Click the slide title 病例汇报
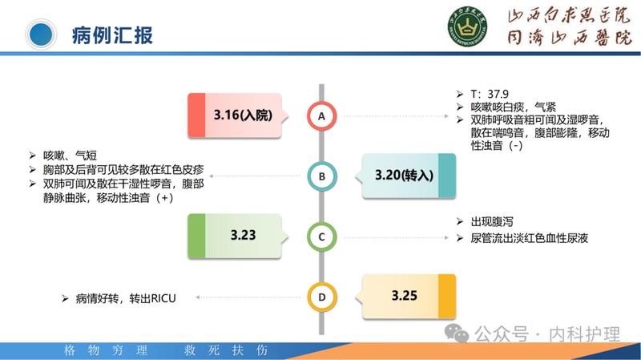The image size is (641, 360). click(x=111, y=35)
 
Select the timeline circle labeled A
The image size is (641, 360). click(x=322, y=117)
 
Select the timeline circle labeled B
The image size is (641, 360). click(x=322, y=176)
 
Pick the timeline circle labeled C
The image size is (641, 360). click(x=322, y=237)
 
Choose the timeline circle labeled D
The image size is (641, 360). click(x=322, y=297)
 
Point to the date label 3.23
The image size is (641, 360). click(x=243, y=236)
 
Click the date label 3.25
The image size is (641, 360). click(x=405, y=296)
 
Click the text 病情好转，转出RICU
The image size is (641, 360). click(x=126, y=298)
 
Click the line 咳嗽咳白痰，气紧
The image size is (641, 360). click(x=514, y=107)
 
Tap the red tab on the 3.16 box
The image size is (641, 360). click(x=197, y=115)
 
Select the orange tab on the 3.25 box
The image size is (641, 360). click(x=447, y=296)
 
